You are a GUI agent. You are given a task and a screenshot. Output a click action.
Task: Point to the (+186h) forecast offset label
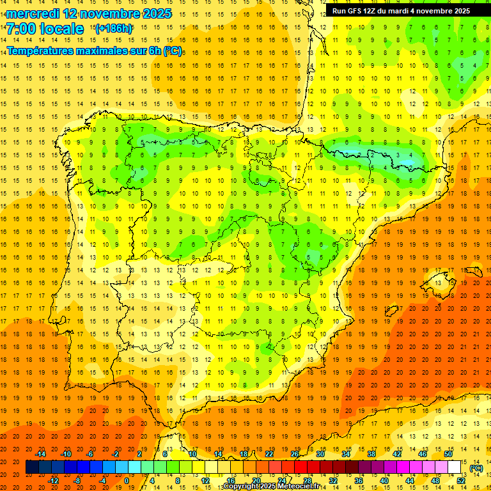(114, 29)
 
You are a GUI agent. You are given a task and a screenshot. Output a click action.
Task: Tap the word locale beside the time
(61, 29)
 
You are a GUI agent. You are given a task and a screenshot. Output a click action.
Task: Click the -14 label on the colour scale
(40, 454)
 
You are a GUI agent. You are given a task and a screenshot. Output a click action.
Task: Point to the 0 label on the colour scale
(127, 481)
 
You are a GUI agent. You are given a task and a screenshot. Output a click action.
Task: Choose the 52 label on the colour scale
(462, 481)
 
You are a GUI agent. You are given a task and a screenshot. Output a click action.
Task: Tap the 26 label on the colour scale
(295, 454)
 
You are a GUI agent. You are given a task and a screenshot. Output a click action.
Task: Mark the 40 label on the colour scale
(384, 481)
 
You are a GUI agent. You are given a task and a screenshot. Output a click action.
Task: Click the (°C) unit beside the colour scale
(476, 468)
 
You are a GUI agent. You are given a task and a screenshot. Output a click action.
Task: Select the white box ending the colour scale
(455, 467)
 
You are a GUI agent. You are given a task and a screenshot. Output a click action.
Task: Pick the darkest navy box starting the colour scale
(32, 467)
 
